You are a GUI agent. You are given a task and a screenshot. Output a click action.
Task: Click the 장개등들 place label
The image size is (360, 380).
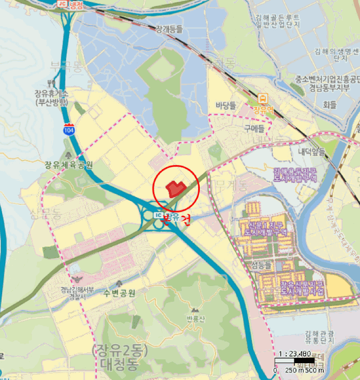click(169, 29)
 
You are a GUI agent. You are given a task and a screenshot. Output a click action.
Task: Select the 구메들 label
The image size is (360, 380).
click(254, 129)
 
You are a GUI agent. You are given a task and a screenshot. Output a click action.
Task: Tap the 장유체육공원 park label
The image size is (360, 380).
click(69, 165)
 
